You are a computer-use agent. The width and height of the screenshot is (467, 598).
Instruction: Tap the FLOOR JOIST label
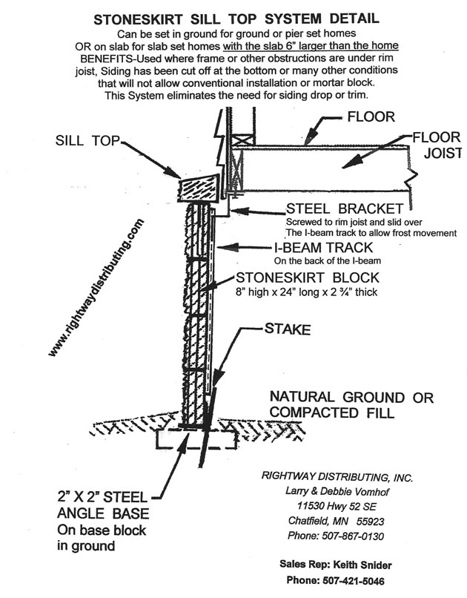(x=429, y=146)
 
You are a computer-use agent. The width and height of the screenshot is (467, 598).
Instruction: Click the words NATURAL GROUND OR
(x=351, y=397)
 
